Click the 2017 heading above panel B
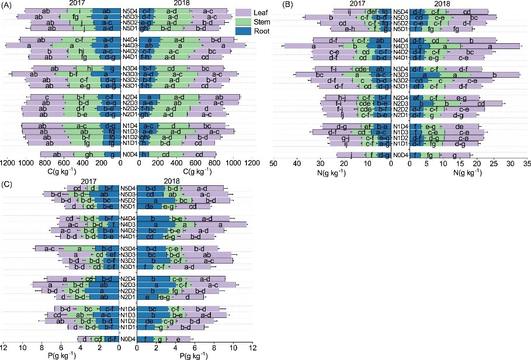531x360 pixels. click(360, 5)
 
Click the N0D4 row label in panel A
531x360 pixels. click(130, 154)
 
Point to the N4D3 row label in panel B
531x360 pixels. click(400, 46)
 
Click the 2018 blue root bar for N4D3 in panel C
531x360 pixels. click(154, 224)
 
